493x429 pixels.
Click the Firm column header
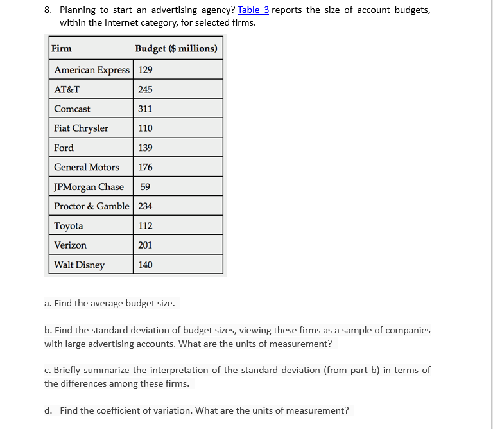pyautogui.click(x=62, y=49)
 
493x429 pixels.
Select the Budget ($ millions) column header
pyautogui.click(x=176, y=49)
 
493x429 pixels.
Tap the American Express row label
pyautogui.click(x=92, y=70)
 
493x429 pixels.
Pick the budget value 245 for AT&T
pyautogui.click(x=146, y=89)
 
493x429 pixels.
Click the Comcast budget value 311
pyautogui.click(x=146, y=109)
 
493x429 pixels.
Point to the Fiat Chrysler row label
pyautogui.click(x=81, y=128)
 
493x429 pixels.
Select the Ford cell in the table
pyautogui.click(x=64, y=148)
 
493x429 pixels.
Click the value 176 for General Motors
pyautogui.click(x=146, y=167)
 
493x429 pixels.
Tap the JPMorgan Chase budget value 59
pyautogui.click(x=145, y=187)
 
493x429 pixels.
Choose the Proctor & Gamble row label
pyautogui.click(x=92, y=206)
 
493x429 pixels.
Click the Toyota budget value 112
pyautogui.click(x=146, y=226)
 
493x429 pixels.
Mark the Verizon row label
pyautogui.click(x=70, y=245)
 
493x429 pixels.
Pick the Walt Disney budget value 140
pyautogui.click(x=146, y=265)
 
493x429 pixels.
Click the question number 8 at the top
pyautogui.click(x=48, y=10)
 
